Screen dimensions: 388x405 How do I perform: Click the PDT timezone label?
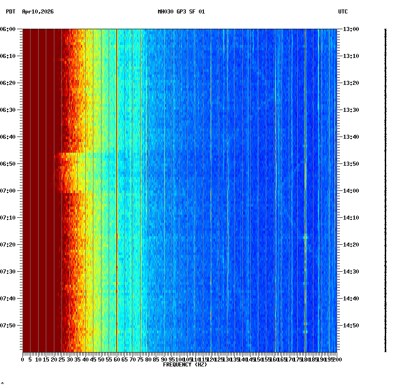coord(10,12)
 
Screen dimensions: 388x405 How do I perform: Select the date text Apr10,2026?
coord(38,12)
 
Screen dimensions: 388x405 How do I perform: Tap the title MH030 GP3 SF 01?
coord(181,12)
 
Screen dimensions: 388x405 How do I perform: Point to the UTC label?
coord(343,12)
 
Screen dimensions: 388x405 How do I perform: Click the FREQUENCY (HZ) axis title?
coord(185,365)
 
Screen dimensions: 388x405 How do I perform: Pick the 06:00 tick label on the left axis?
coord(8,29)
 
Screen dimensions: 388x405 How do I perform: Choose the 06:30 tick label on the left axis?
coord(8,110)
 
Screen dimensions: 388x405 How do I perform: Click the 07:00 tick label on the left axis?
coord(8,191)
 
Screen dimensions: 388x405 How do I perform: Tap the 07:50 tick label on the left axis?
coord(8,326)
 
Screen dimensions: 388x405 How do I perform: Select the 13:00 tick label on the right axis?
coord(351,29)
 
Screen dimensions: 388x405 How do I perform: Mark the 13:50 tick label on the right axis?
coord(351,164)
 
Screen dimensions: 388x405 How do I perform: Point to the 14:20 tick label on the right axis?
coord(351,245)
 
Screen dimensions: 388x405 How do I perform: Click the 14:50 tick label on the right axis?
coord(351,326)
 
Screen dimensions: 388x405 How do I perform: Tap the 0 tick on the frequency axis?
coord(23,359)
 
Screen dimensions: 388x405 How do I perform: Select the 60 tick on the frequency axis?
coord(117,359)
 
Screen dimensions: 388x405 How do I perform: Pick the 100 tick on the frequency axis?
coord(180,359)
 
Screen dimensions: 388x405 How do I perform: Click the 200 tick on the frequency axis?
coord(336,359)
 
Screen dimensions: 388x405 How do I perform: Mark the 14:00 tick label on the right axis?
coord(351,191)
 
